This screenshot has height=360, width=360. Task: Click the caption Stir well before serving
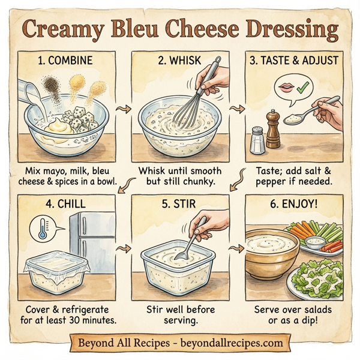click(x=180, y=315)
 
